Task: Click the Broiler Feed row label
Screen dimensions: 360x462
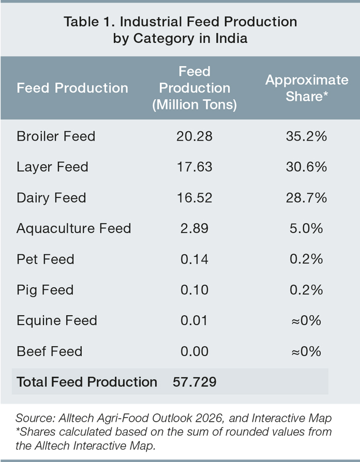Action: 56,136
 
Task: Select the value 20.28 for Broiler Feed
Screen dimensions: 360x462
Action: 194,136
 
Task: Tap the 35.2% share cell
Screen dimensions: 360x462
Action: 306,136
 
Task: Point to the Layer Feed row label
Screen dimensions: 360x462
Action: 52,167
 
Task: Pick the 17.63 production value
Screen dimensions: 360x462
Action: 194,167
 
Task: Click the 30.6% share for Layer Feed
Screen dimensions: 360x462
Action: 306,167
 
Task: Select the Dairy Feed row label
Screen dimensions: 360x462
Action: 51,198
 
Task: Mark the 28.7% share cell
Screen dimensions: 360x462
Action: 306,198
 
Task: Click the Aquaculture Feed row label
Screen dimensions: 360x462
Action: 74,228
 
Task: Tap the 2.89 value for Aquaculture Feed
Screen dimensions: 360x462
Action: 194,228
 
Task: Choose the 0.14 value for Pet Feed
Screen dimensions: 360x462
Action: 194,259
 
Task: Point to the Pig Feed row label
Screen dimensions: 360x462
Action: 45,290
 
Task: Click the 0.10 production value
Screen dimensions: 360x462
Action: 194,290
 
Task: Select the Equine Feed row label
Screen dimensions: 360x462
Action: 57,321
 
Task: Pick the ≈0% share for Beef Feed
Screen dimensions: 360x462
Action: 306,351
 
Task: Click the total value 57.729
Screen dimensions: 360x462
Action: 194,382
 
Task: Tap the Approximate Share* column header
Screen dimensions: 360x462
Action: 307,88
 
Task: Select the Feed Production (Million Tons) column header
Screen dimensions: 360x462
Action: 194,88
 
